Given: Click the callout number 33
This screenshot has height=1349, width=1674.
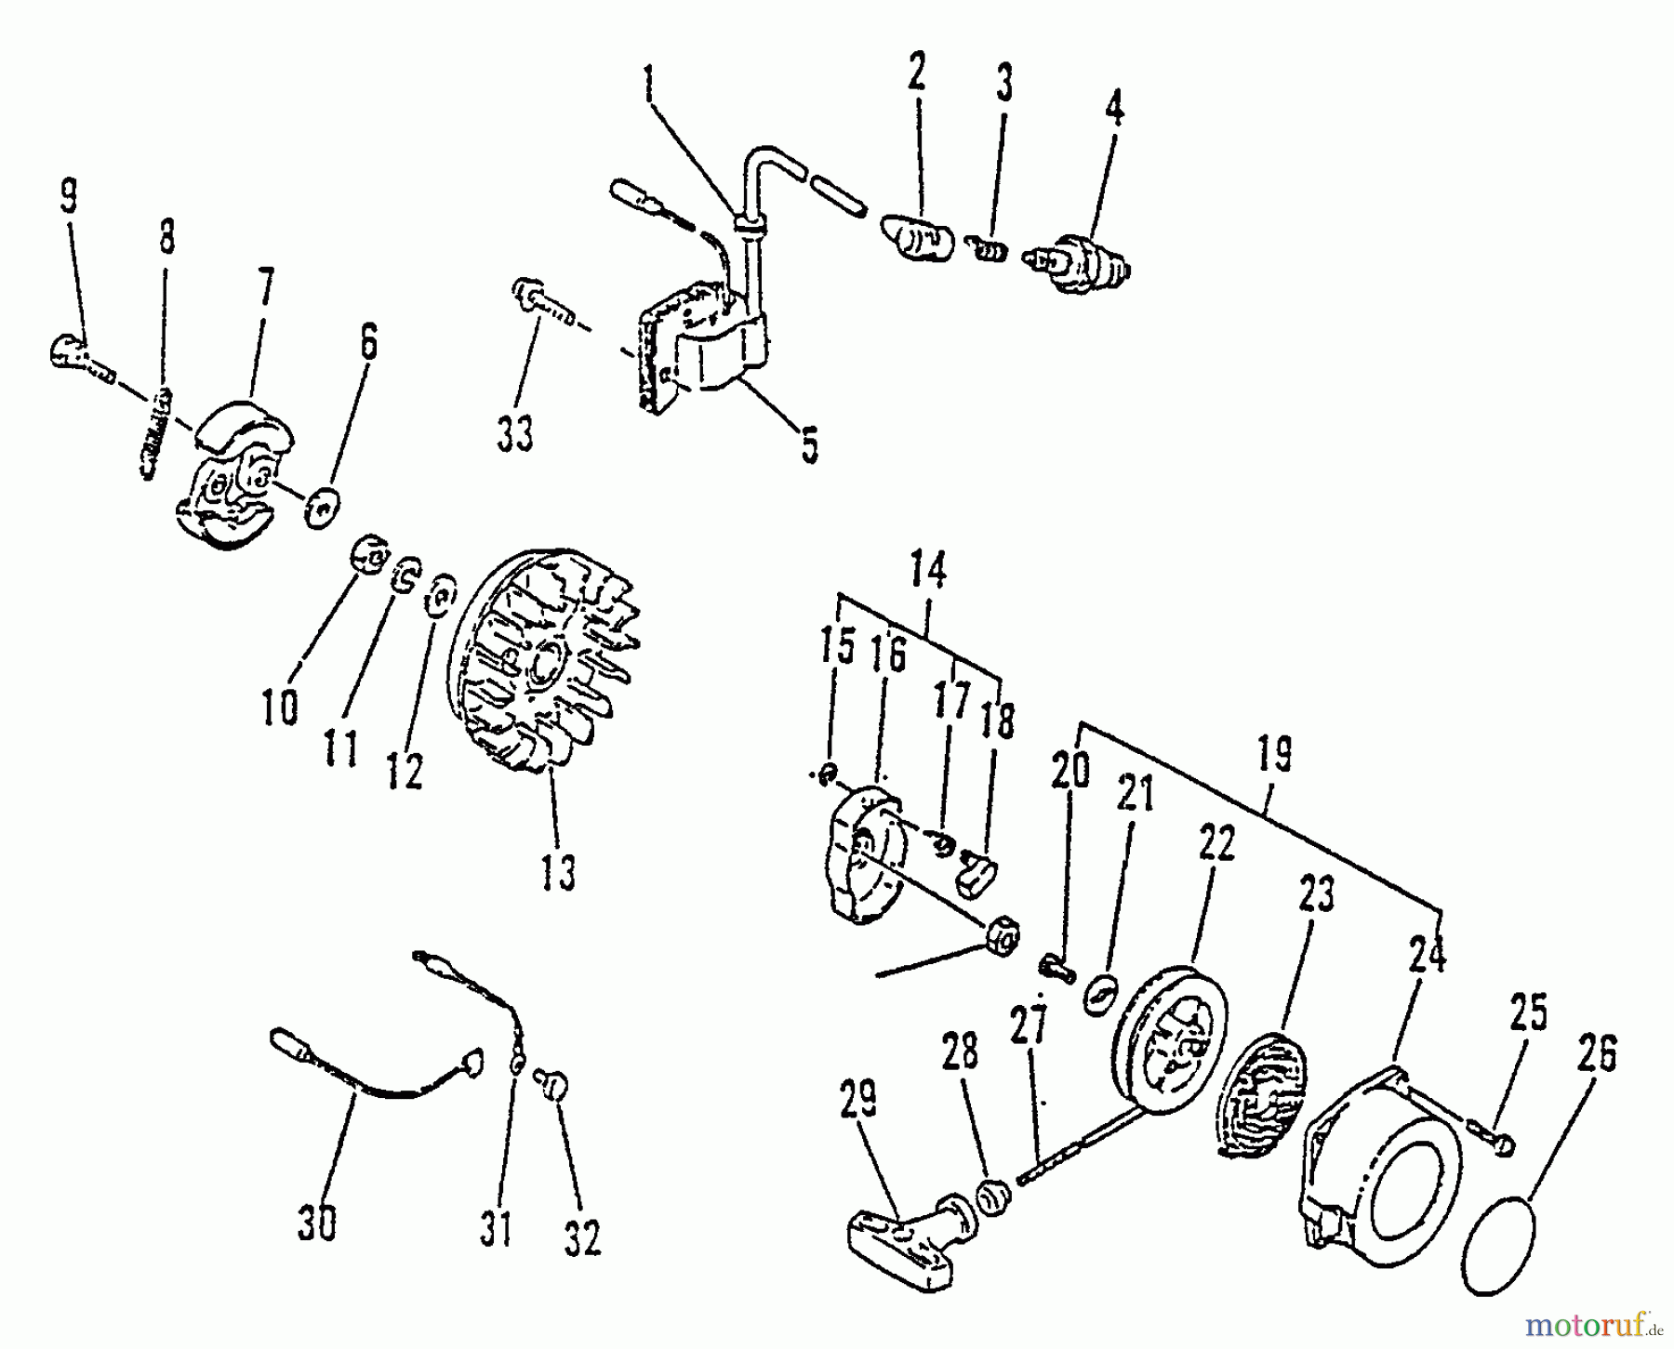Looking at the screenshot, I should pyautogui.click(x=514, y=435).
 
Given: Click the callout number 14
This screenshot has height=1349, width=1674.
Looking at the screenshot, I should pyautogui.click(x=928, y=571).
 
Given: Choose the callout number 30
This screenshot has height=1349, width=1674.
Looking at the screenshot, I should pyautogui.click(x=316, y=1224).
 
